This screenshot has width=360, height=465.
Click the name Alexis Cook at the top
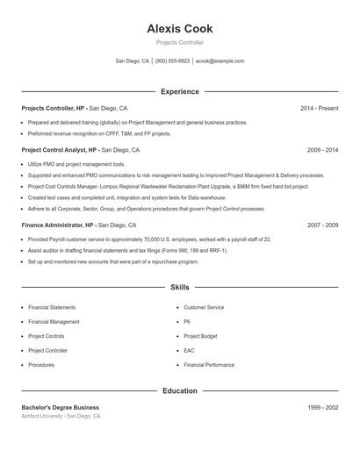click(179, 29)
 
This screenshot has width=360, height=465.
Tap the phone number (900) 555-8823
click(172, 61)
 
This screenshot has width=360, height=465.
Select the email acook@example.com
click(220, 61)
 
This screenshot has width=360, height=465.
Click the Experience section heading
click(179, 91)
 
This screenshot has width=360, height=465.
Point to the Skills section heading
click(179, 287)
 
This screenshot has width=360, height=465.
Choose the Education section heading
click(179, 390)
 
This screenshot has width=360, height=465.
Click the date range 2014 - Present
click(319, 108)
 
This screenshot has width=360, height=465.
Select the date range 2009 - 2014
click(322, 150)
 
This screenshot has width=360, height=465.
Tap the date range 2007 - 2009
click(322, 225)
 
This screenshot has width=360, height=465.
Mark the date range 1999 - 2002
click(322, 407)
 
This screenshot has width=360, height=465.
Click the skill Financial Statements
click(52, 308)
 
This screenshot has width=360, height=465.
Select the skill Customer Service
click(204, 308)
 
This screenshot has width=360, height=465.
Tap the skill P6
click(187, 322)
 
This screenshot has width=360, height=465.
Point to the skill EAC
click(189, 350)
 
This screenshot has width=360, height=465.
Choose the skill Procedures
click(41, 364)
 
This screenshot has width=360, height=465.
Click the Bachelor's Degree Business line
click(61, 407)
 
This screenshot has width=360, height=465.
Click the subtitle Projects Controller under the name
click(179, 42)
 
